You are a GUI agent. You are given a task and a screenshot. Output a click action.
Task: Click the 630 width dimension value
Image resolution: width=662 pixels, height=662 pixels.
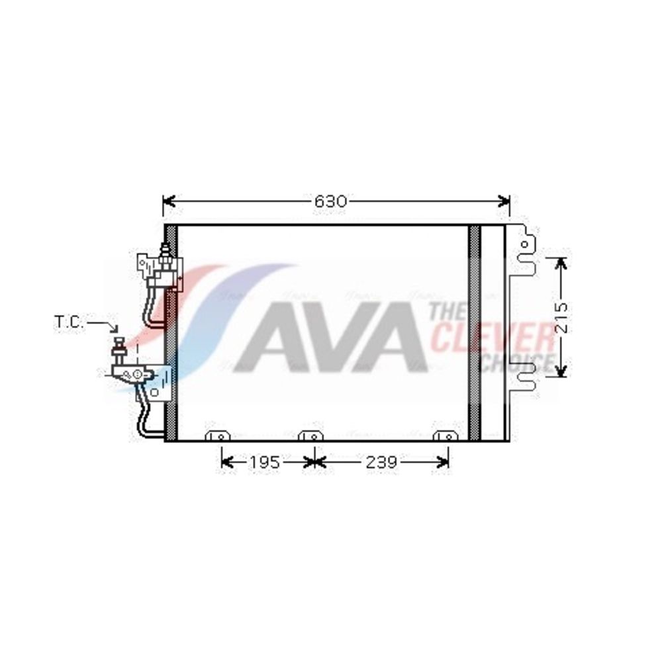330,202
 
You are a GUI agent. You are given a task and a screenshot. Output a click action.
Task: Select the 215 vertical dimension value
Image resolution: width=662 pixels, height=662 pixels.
561,318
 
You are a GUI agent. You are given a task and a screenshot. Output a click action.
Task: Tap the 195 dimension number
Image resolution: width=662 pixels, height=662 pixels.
264,462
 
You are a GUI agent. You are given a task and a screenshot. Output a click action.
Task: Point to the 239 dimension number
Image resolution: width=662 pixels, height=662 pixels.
381,462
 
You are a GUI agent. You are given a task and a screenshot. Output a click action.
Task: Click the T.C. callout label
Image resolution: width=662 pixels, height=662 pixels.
69,322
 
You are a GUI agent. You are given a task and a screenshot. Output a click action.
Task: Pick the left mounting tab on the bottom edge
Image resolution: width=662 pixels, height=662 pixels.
217,436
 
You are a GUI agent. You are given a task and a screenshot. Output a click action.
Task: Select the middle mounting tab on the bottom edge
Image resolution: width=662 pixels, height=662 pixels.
310,436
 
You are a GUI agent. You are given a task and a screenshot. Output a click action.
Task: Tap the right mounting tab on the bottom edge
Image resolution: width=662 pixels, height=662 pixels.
446,436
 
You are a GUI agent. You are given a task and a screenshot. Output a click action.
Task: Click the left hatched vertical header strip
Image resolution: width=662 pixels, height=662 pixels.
171,333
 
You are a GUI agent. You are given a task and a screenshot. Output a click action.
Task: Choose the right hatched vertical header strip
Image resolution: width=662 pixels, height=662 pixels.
475,333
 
